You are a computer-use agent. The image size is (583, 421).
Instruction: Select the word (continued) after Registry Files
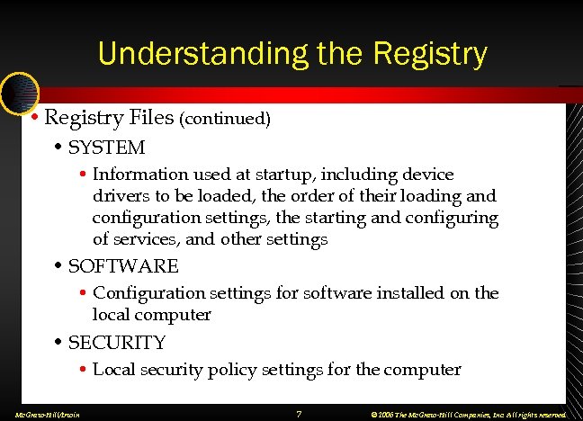[226, 119]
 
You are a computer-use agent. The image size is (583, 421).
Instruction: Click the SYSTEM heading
[106, 147]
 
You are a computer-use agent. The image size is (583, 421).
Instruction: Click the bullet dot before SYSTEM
[58, 147]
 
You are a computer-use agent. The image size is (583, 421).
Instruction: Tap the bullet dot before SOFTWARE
[58, 266]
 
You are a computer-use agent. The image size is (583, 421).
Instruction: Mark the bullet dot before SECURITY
[58, 343]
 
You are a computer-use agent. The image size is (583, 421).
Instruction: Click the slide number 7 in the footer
[298, 413]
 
